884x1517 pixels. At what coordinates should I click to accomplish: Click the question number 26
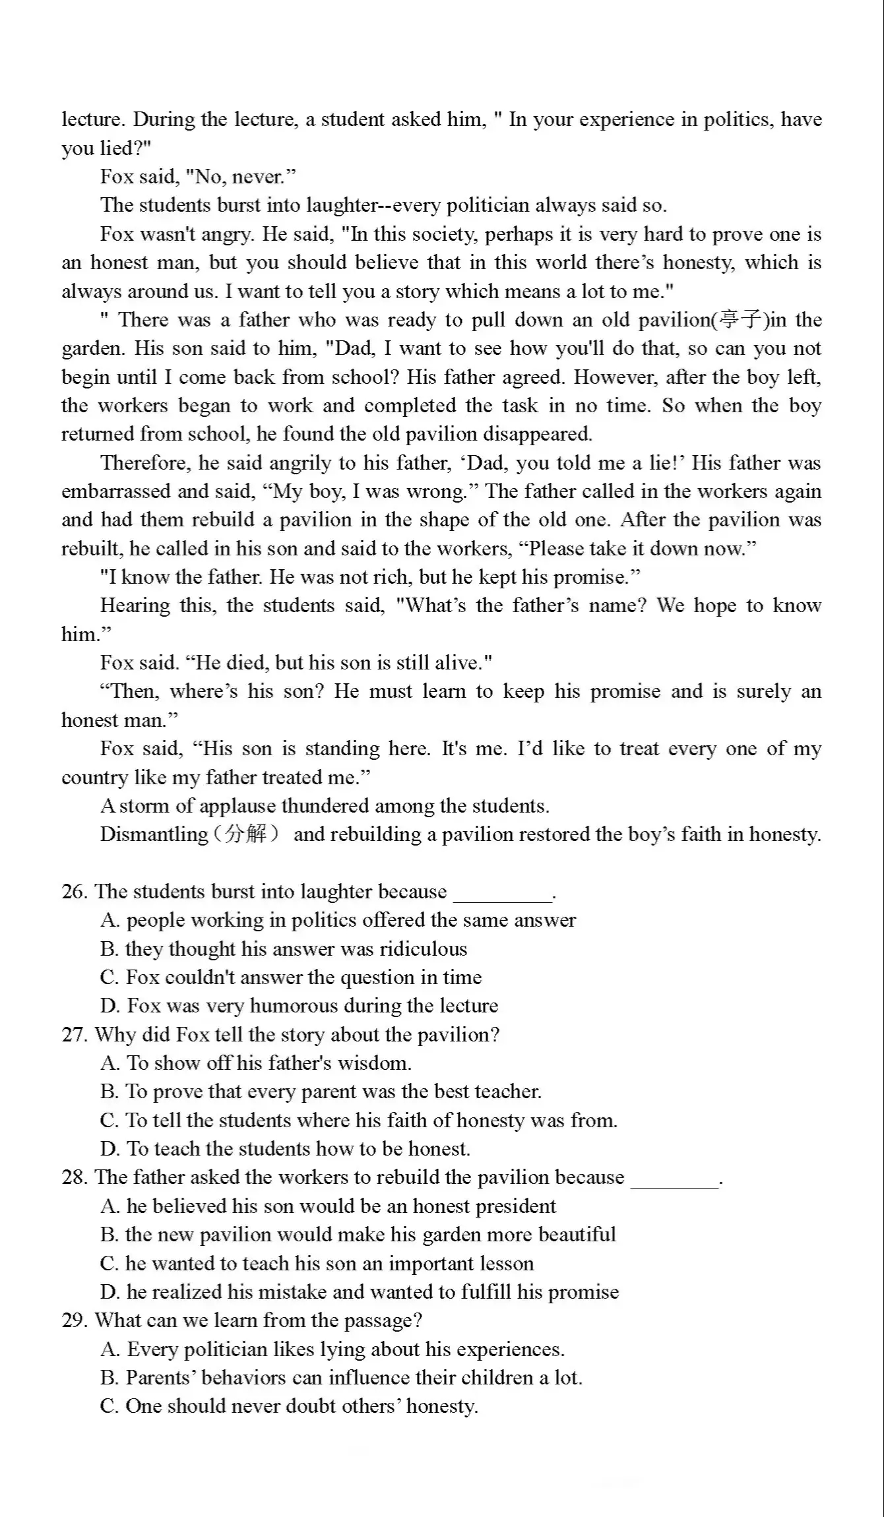point(73,892)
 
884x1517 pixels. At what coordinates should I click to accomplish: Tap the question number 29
point(73,1320)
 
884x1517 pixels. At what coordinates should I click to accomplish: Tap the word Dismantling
point(153,834)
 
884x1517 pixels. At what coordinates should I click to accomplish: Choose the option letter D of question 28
point(109,1292)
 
